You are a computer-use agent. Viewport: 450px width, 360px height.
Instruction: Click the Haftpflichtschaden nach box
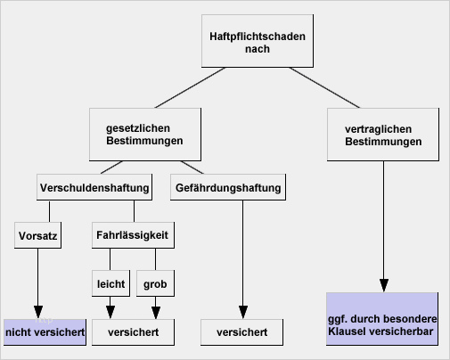(x=258, y=41)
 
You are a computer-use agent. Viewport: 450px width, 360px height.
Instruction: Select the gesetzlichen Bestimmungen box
(x=145, y=135)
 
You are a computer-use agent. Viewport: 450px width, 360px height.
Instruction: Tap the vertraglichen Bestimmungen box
(x=383, y=135)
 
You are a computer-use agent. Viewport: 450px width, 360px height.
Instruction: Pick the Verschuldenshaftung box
(x=94, y=187)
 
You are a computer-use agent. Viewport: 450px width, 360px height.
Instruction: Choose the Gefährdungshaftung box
(x=228, y=187)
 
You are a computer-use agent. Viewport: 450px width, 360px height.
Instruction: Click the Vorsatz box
(x=37, y=235)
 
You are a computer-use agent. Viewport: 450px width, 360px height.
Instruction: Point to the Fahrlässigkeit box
(x=133, y=235)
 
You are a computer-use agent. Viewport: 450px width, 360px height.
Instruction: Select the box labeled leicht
(x=110, y=283)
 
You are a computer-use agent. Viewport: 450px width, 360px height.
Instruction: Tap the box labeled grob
(x=155, y=283)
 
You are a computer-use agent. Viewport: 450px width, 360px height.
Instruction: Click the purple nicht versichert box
(x=45, y=332)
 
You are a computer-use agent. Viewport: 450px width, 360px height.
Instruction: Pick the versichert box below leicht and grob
(x=133, y=332)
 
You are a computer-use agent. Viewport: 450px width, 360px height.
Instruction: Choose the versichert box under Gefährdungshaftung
(x=241, y=332)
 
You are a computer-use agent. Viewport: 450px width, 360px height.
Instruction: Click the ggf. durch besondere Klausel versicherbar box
(x=382, y=319)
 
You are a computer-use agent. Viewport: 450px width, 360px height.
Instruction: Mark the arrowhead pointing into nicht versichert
(x=38, y=312)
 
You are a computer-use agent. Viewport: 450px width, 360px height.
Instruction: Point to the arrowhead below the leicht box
(x=110, y=312)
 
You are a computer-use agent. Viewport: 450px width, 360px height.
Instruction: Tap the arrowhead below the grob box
(x=156, y=312)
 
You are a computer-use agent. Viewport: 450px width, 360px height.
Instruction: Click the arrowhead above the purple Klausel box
(x=384, y=285)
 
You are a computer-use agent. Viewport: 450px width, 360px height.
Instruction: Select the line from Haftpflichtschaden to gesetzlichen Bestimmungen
(x=190, y=87)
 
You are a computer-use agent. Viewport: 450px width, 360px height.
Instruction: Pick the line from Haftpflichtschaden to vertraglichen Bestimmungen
(x=324, y=87)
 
